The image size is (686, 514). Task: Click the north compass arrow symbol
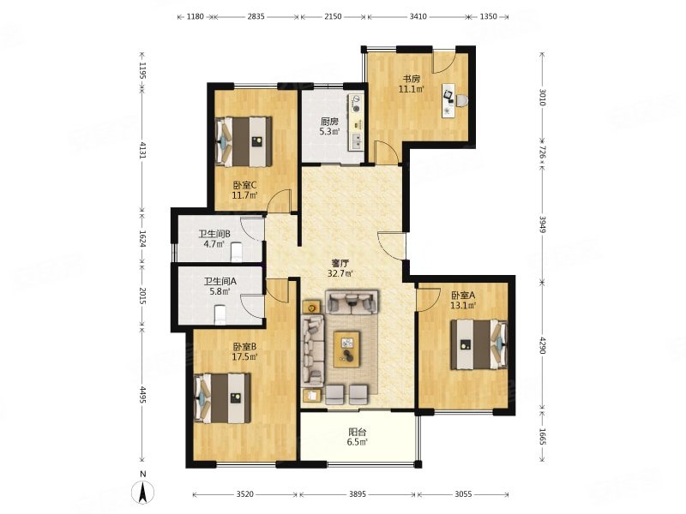[143, 492]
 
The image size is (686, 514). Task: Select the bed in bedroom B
[223, 398]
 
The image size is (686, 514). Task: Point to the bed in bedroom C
[244, 141]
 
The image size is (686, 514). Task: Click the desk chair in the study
[461, 100]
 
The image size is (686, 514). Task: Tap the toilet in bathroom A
[220, 315]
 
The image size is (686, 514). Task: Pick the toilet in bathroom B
[236, 251]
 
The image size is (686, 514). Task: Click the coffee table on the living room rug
[347, 349]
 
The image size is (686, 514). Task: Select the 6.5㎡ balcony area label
[357, 442]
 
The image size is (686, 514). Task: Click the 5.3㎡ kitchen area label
[329, 131]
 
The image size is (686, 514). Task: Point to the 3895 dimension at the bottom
[357, 494]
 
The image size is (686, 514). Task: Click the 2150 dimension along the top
[333, 16]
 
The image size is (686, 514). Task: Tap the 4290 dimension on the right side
[543, 345]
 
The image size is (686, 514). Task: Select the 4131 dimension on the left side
[142, 149]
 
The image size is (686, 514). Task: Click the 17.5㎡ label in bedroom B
[244, 356]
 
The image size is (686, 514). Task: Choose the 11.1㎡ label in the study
[412, 89]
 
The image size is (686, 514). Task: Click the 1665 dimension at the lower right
[543, 437]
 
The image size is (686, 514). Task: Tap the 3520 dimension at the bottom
[245, 494]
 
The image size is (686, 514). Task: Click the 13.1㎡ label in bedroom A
[463, 306]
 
